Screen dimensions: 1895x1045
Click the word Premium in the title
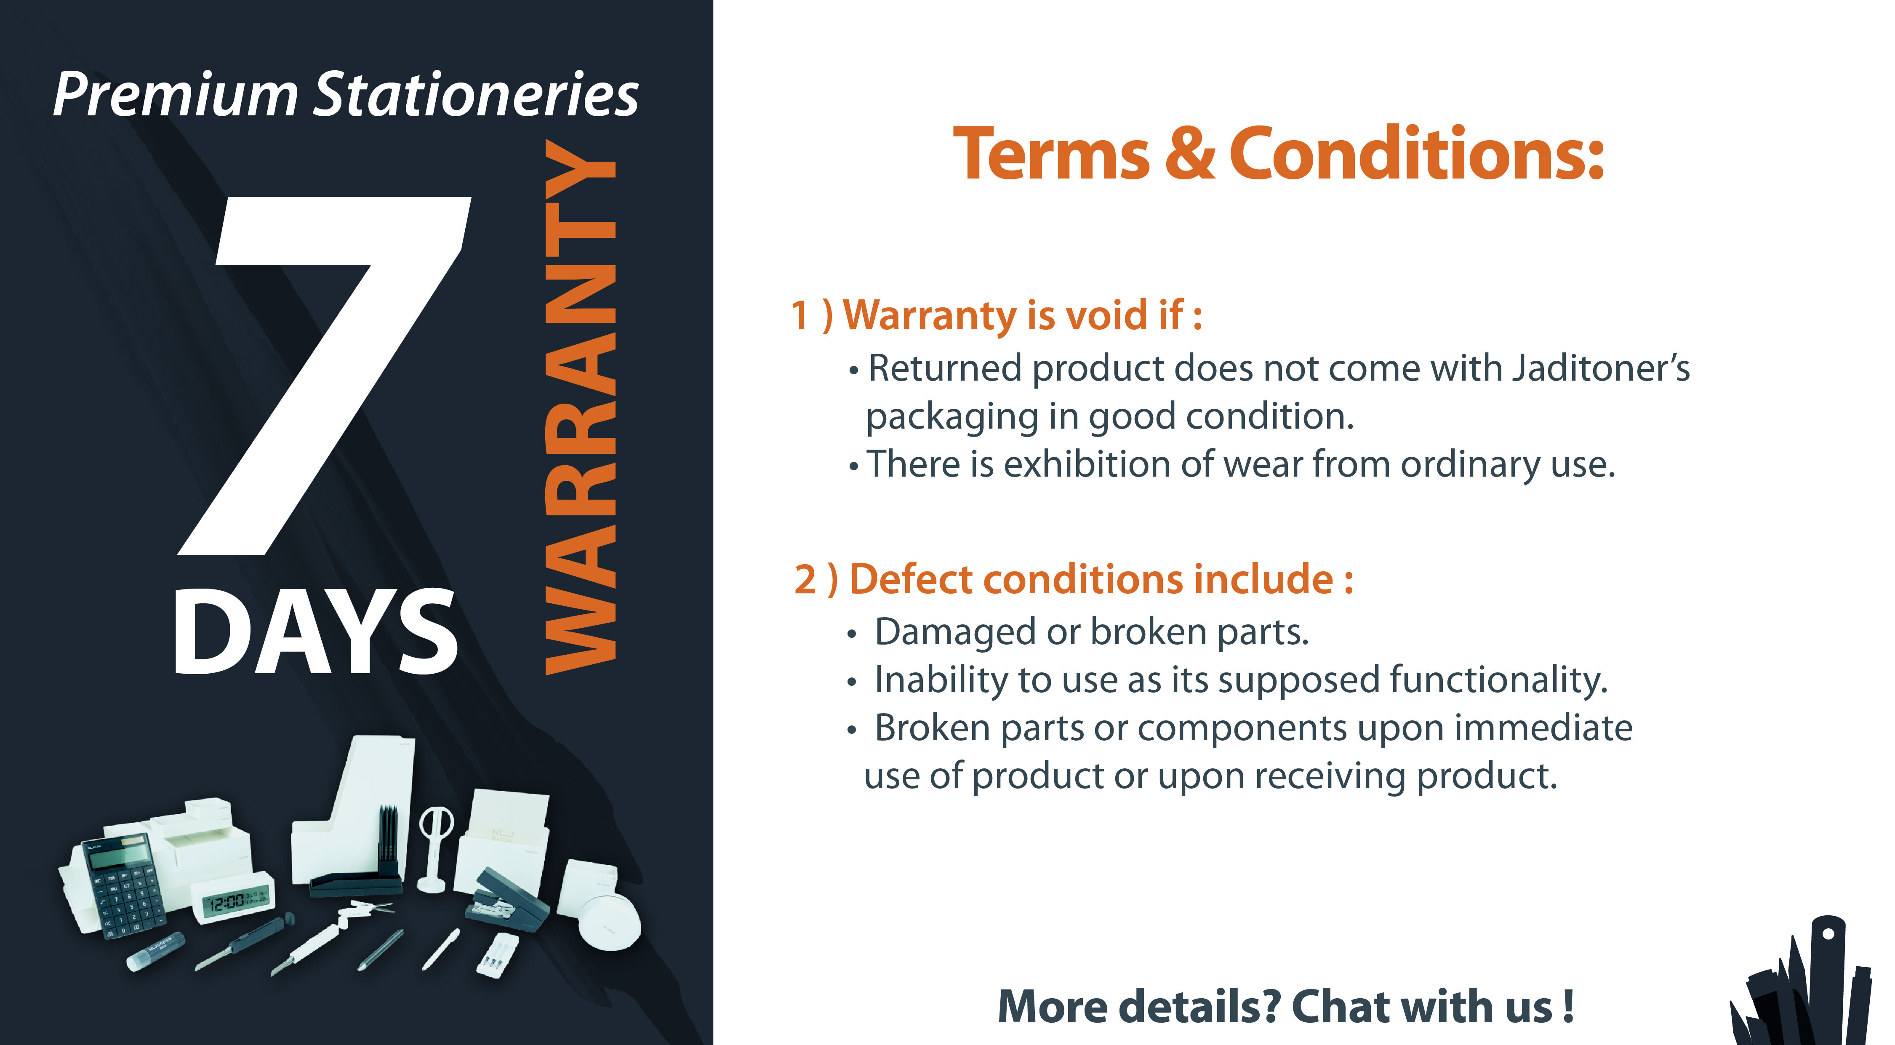pos(175,96)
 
